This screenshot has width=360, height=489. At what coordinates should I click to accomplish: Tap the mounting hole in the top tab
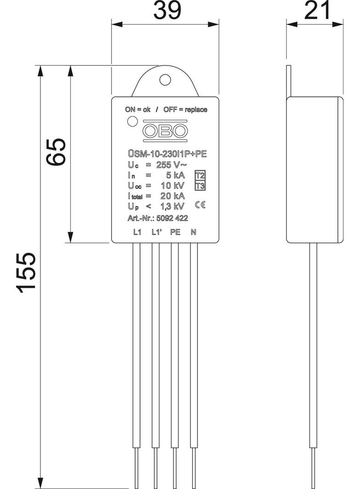pos(165,79)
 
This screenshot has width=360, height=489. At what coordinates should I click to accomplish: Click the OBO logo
pos(165,131)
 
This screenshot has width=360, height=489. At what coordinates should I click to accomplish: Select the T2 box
pos(199,176)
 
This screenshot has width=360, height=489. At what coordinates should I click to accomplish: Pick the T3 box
pos(199,186)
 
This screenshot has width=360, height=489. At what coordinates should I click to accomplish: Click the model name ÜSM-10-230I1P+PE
pos(167,155)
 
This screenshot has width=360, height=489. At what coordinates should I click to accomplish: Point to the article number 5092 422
pos(172,218)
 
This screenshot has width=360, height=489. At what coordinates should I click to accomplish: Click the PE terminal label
pos(175,232)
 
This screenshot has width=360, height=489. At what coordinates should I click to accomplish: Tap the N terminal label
pos(193,232)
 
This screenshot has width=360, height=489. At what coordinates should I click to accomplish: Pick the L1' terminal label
pos(157,232)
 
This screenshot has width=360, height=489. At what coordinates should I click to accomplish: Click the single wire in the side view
pos(314,344)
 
